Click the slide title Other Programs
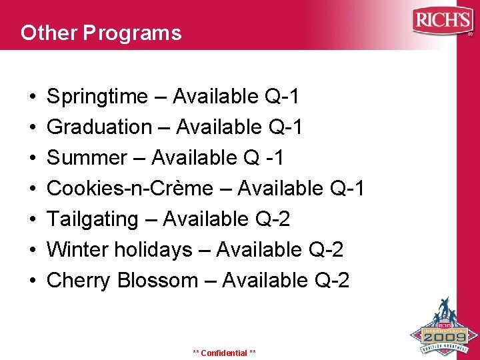[x=101, y=33]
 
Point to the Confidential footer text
[x=224, y=353]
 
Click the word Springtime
[x=97, y=97]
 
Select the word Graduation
[x=99, y=127]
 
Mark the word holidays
[x=153, y=250]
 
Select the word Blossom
[x=157, y=281]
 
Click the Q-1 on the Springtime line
[x=281, y=97]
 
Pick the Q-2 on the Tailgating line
[x=272, y=219]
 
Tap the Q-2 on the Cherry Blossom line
[x=331, y=281]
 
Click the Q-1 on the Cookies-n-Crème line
[x=347, y=189]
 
